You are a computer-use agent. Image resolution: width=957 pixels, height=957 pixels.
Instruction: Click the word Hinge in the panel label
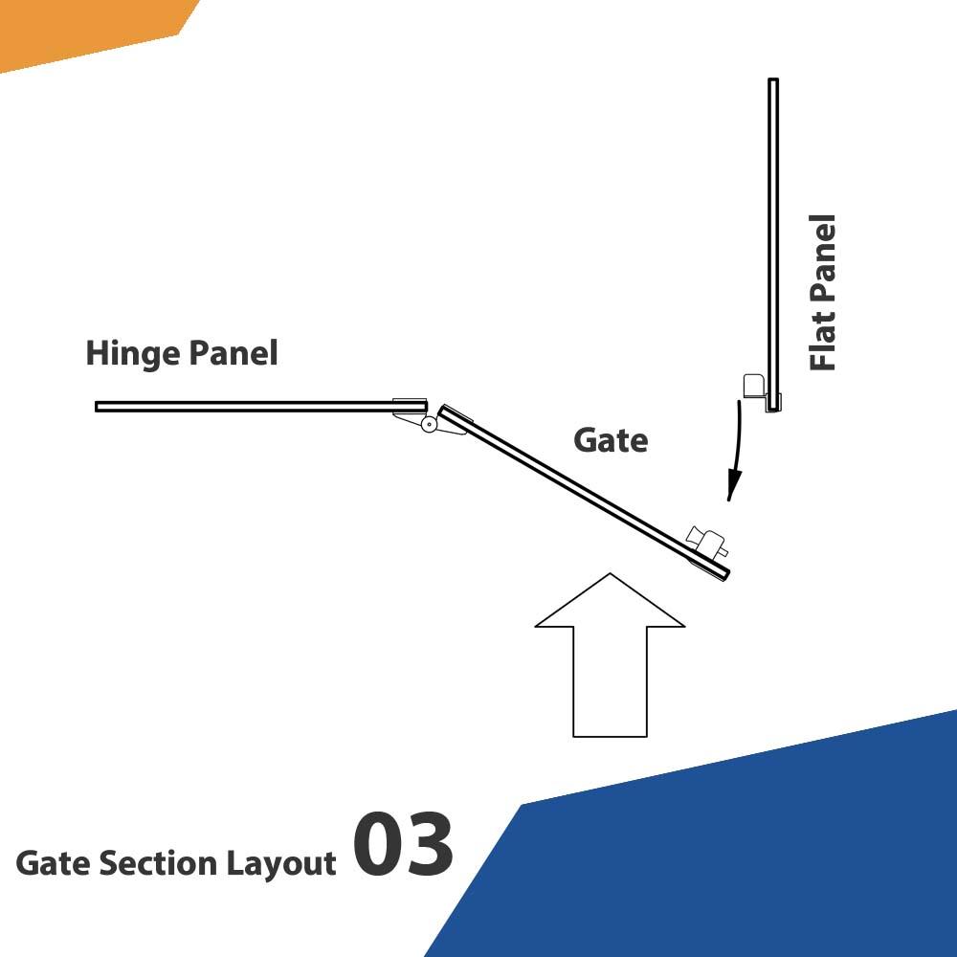131,354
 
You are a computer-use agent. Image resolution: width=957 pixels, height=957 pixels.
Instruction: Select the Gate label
611,440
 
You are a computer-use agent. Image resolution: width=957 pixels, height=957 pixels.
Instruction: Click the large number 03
403,847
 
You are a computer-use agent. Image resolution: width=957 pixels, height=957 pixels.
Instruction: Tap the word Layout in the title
281,863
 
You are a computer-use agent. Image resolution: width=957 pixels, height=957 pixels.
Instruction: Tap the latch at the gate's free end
709,545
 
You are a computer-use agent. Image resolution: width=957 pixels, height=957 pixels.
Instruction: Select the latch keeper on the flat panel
754,386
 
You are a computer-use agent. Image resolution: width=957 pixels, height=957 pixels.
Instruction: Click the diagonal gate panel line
584,492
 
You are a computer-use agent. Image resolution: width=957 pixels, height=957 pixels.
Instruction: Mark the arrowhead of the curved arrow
731,488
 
